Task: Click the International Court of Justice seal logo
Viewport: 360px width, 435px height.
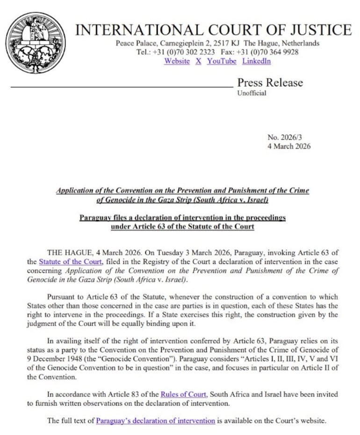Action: pyautogui.click(x=36, y=43)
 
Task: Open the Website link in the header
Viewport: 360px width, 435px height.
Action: pyautogui.click(x=177, y=61)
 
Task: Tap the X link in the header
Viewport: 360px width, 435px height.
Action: pyautogui.click(x=198, y=61)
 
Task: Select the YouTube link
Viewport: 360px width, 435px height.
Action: pyautogui.click(x=222, y=61)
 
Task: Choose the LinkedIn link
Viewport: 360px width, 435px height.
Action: pyautogui.click(x=256, y=61)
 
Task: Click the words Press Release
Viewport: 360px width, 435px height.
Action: pyautogui.click(x=270, y=83)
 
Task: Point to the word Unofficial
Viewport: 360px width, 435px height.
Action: pyautogui.click(x=252, y=93)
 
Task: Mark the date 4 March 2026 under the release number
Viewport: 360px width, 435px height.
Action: pyautogui.click(x=288, y=146)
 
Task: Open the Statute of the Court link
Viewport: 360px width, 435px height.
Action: pyautogui.click(x=70, y=262)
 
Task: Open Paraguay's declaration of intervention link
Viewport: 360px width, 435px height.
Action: pyautogui.click(x=155, y=421)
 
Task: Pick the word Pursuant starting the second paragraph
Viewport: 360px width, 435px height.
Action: pyautogui.click(x=63, y=297)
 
